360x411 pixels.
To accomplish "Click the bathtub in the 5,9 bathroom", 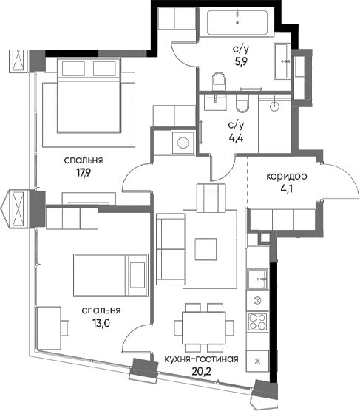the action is pos(237,22).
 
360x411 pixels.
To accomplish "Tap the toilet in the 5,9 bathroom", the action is pos(219,81).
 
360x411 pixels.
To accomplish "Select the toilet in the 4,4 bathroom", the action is pos(242,103).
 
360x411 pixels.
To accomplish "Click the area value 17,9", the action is pos(83,173).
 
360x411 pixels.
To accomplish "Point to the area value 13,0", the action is pos(101,323).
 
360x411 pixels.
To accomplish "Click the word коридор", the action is pos(286,177).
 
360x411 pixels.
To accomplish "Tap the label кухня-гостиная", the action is pos(201,359).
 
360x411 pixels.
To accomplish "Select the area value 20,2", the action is pos(202,371).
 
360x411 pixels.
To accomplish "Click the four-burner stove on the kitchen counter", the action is pos(258,322).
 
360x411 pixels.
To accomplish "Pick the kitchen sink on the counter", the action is pos(258,279).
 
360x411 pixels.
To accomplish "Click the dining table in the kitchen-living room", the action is pos(204,327).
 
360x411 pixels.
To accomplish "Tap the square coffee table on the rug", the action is pos(206,249).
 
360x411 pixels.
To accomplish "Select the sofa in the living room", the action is pos(171,249).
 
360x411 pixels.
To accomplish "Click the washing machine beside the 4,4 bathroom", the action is pos(183,143).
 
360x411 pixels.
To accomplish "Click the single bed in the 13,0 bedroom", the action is pos(111,275).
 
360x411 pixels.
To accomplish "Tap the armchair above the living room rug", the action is pos(211,198).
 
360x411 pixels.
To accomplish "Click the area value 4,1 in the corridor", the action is pos(286,188).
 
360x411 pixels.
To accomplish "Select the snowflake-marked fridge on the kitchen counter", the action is pos(258,361).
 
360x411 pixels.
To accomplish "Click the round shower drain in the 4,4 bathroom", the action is pos(275,106).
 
